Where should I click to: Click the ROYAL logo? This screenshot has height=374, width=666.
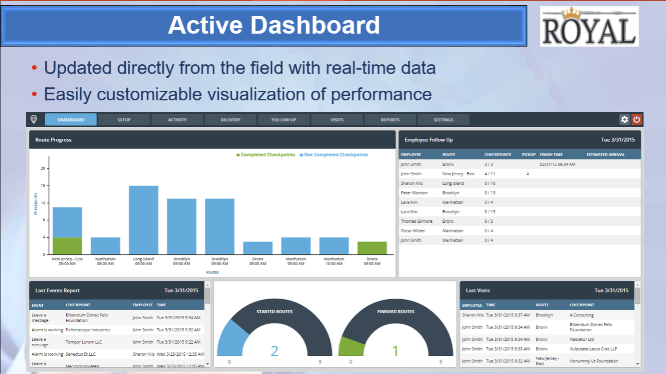(x=589, y=26)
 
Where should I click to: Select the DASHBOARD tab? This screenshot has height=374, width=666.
(x=71, y=120)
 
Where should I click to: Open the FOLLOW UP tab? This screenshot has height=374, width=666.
(x=284, y=120)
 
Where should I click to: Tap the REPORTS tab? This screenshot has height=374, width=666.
(x=390, y=120)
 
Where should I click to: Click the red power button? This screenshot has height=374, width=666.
(x=637, y=120)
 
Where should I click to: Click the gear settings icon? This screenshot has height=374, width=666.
(x=624, y=120)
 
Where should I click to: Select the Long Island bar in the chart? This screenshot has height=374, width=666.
(x=143, y=220)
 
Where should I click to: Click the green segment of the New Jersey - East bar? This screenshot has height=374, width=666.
(x=67, y=246)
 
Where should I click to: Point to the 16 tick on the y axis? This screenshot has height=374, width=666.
(x=43, y=185)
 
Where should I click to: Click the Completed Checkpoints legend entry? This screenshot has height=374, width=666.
(x=266, y=155)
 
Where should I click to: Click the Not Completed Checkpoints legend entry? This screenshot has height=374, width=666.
(x=334, y=155)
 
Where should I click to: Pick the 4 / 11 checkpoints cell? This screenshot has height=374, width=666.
(x=490, y=174)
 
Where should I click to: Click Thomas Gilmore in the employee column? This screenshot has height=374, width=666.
(x=416, y=221)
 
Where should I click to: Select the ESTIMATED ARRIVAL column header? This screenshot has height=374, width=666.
(x=605, y=155)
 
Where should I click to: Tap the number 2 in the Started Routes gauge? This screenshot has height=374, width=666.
(x=275, y=351)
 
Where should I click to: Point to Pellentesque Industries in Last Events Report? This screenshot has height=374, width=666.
(x=88, y=330)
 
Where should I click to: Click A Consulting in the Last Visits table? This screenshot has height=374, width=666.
(x=581, y=315)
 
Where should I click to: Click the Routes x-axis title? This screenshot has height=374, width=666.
(x=212, y=272)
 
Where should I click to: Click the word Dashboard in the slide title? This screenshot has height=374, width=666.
(x=315, y=25)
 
